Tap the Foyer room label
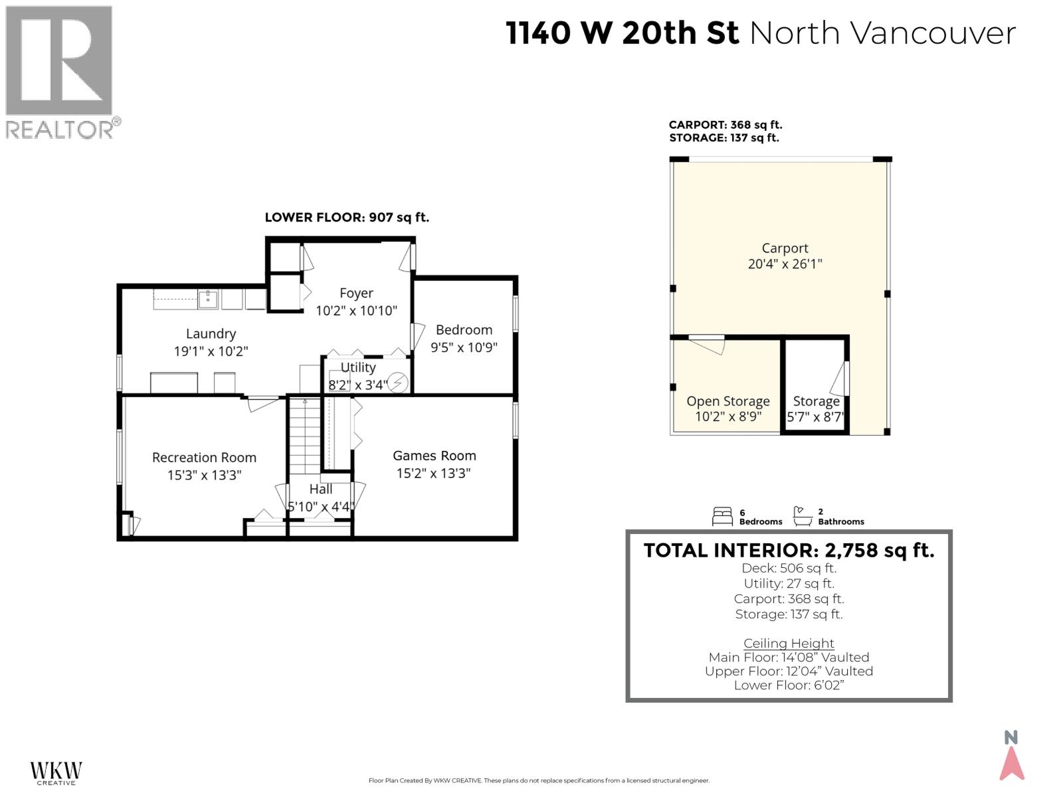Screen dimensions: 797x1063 (x=356, y=293)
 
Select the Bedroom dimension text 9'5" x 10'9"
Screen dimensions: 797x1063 (x=464, y=347)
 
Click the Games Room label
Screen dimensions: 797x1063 (x=434, y=456)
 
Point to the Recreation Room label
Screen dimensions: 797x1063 (x=204, y=458)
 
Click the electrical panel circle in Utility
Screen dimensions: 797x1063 (x=397, y=383)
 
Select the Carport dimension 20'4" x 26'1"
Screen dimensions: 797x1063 (x=785, y=264)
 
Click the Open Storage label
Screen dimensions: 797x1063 (x=727, y=401)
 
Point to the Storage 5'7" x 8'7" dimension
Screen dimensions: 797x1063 (x=815, y=417)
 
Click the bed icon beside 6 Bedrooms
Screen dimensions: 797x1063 (x=722, y=516)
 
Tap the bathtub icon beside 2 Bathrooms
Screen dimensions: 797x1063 (x=803, y=516)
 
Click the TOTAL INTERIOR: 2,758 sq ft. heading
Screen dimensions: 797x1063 (x=789, y=550)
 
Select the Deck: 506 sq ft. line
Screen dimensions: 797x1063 (x=789, y=568)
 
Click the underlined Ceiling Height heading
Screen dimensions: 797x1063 (x=789, y=643)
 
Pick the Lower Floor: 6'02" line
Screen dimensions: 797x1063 (x=789, y=685)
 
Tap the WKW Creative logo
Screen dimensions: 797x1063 (x=56, y=772)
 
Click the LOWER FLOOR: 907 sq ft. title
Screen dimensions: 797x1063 (x=347, y=217)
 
